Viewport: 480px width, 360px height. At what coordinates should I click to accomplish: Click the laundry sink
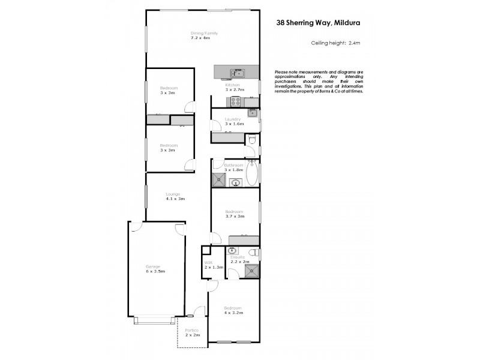tap(253, 113)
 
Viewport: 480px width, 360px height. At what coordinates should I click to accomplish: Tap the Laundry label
tap(233, 119)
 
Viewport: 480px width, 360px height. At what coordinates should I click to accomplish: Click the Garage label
tap(155, 266)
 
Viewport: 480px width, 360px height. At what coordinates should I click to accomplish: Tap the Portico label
tap(192, 331)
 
